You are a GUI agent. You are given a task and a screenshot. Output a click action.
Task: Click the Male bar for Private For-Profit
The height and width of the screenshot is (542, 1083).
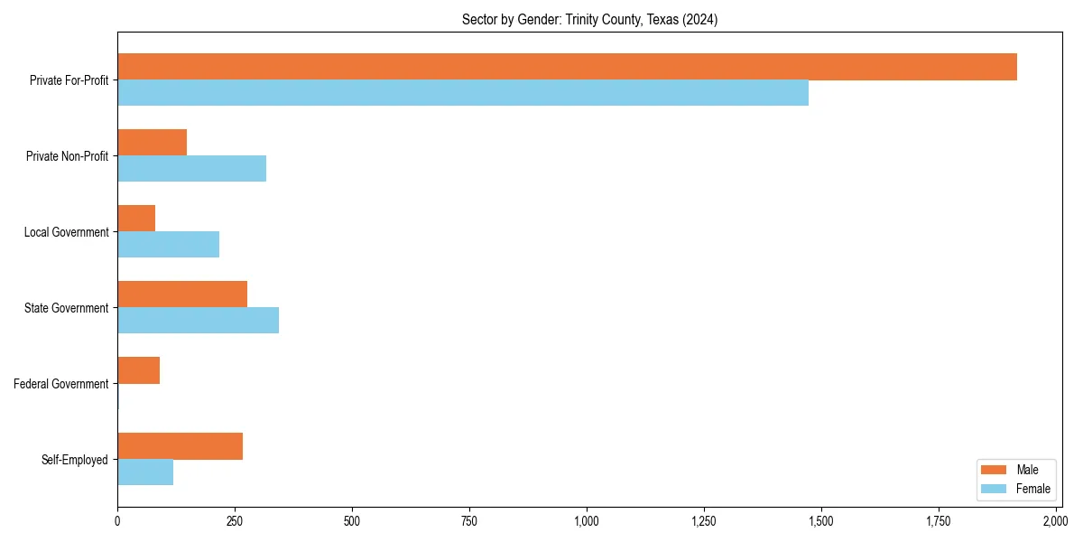coord(567,67)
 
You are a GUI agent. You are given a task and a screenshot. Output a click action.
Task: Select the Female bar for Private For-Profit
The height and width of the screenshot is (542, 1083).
coord(463,93)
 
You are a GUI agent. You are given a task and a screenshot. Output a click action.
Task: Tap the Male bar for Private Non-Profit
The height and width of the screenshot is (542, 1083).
coord(152,143)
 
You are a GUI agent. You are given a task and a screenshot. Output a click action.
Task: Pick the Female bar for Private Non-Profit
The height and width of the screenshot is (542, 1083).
coord(191,169)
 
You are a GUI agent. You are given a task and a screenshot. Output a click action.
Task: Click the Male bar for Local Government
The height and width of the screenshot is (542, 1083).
coord(136,219)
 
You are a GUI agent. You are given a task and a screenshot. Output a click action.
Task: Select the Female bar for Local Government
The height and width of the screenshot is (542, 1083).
coord(168,245)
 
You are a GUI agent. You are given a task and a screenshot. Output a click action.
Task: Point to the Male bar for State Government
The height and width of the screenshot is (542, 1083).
coord(182,294)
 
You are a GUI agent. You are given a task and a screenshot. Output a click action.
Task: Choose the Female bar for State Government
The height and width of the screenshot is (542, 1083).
coord(198,321)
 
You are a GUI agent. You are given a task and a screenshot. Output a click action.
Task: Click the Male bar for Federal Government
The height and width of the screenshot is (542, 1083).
coord(138,370)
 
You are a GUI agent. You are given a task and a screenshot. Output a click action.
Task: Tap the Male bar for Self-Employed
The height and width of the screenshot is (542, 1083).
coord(180,446)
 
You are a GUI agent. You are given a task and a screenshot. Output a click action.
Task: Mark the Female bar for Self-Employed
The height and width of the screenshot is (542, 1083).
coord(145,472)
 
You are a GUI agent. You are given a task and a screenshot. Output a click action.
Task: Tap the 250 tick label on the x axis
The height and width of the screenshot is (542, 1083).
coord(235,521)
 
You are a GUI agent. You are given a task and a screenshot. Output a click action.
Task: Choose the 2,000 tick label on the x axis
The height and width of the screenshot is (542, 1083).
coord(1055,521)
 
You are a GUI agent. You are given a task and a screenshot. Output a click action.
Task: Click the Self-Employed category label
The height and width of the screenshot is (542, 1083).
coord(74,460)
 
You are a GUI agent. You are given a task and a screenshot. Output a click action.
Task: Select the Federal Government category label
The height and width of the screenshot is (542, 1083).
coord(61,384)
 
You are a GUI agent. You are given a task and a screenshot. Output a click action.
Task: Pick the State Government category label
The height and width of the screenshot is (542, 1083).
coord(66,308)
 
